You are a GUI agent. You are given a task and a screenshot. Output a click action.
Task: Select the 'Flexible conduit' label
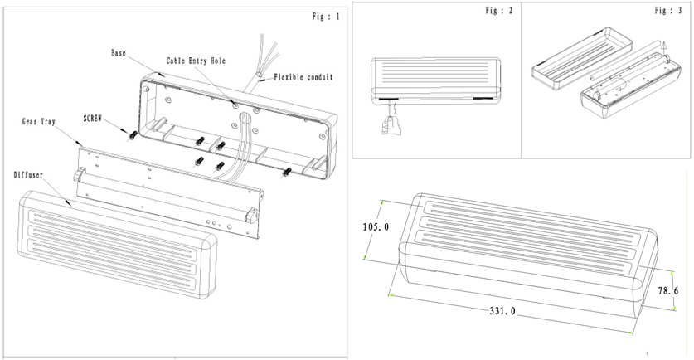[303, 77]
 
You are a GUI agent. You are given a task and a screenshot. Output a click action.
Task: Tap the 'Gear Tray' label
[39, 121]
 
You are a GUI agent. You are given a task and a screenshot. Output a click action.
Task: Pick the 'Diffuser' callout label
[31, 176]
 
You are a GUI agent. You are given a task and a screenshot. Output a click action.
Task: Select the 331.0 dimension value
[502, 311]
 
